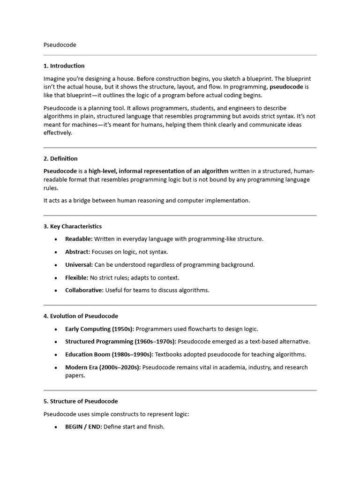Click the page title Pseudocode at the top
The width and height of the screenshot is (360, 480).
tap(60, 45)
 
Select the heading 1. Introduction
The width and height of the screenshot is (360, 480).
tap(64, 66)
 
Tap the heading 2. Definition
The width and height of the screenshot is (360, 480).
tap(60, 158)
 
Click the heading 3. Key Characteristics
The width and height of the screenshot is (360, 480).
tap(72, 226)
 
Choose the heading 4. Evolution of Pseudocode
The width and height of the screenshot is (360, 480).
tap(81, 316)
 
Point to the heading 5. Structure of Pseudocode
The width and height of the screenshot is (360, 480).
tap(81, 401)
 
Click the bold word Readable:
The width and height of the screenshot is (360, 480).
tap(79, 239)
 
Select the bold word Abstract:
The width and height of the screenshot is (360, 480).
tap(77, 252)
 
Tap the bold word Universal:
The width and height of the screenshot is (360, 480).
tap(79, 265)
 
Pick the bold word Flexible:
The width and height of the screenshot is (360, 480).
tap(76, 277)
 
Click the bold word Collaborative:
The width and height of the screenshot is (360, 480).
tap(84, 290)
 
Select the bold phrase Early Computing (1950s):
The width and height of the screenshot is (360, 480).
tap(99, 329)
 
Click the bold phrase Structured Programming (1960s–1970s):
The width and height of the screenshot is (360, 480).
tap(120, 342)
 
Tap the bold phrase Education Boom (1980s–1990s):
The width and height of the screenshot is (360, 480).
tap(109, 354)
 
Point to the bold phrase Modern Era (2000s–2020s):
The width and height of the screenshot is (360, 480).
tap(103, 367)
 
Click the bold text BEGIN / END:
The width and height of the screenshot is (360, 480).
tap(83, 427)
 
